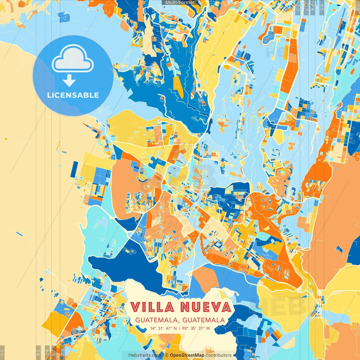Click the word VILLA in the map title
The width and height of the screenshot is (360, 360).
[152, 307]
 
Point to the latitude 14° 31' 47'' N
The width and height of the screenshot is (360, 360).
[163, 328]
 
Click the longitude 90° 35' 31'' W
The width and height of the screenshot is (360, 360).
[196, 328]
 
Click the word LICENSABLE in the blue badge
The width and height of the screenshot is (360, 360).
[73, 95]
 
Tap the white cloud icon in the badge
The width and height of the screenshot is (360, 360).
[73, 59]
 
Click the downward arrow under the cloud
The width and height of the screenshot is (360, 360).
[69, 81]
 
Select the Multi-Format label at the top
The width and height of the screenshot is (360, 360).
[180, 3]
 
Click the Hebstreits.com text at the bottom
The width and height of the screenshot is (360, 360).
[145, 355]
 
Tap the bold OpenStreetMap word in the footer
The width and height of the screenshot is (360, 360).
[187, 355]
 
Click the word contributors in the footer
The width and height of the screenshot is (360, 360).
[219, 355]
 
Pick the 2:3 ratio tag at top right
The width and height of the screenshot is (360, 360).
[298, 7]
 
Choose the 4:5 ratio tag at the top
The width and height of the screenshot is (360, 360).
[321, 7]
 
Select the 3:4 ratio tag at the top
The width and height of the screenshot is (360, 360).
[312, 7]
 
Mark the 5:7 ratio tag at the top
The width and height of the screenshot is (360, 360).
[306, 7]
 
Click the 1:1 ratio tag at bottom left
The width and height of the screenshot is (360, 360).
[2, 353]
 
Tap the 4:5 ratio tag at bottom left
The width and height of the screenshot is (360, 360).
[39, 353]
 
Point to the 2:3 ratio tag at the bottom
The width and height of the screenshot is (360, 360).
[62, 353]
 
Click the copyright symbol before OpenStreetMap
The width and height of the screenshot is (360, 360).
[166, 355]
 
